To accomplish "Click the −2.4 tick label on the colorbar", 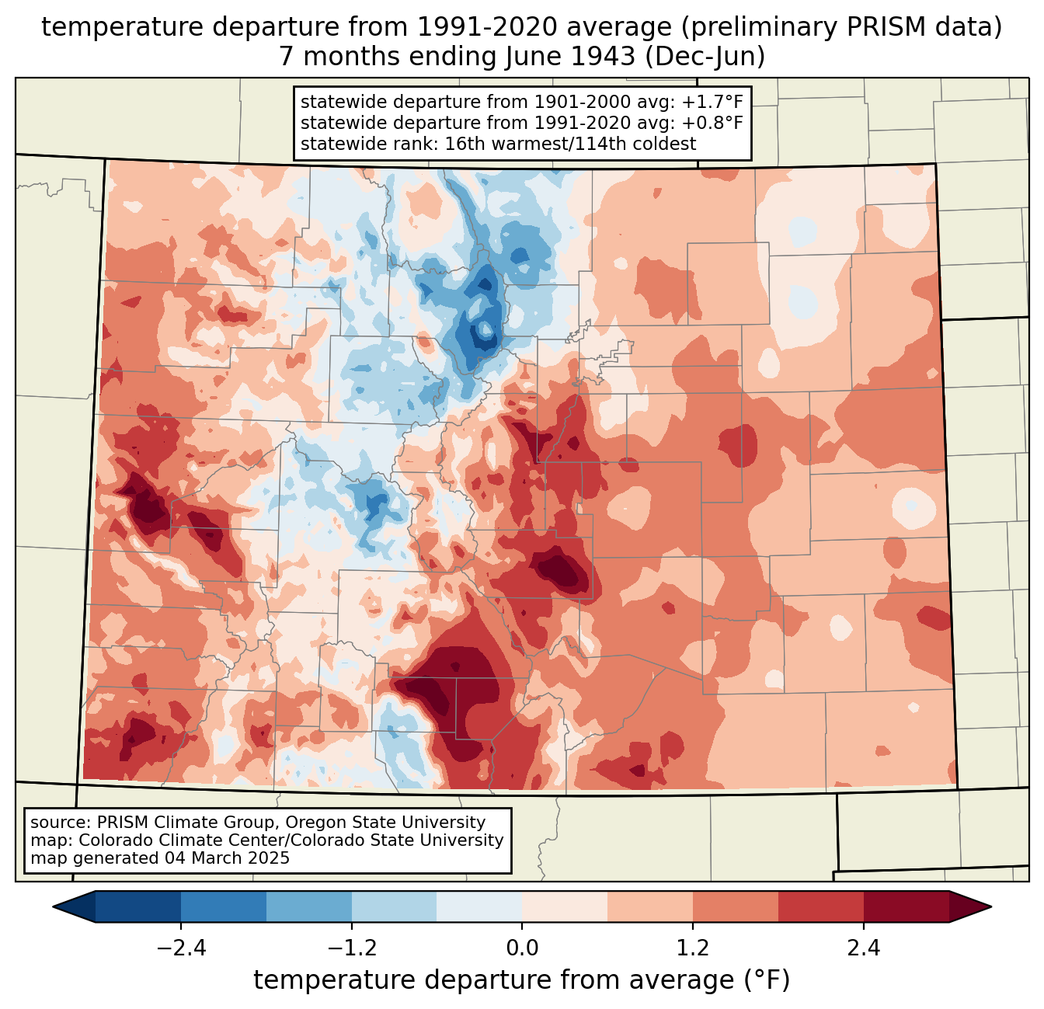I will click(181, 948).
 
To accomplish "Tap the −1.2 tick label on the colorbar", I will click(351, 948).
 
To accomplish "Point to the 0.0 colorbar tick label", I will click(522, 948).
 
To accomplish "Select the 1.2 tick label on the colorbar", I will click(693, 948).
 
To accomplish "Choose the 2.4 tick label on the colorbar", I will click(863, 948).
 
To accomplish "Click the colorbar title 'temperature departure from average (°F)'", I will click(522, 980).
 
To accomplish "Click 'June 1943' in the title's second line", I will click(567, 57).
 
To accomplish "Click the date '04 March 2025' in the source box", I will click(227, 858).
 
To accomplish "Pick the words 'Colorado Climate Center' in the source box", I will click(172, 840).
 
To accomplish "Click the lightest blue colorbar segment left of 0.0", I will click(479, 906).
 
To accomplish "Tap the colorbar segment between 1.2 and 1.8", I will click(735, 906).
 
